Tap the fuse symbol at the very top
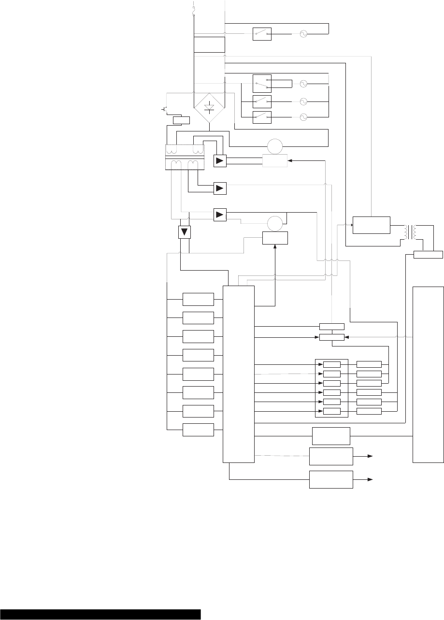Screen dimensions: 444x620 pyautogui.click(x=194, y=9)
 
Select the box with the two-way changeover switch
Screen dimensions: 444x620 pyautogui.click(x=262, y=84)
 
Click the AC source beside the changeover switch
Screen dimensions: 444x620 pyautogui.click(x=303, y=84)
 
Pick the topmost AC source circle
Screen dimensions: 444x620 pyautogui.click(x=303, y=34)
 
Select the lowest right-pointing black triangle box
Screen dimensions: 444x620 pyautogui.click(x=220, y=214)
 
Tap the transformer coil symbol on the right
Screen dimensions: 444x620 pyautogui.click(x=413, y=232)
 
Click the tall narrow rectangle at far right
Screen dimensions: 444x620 pyautogui.click(x=428, y=375)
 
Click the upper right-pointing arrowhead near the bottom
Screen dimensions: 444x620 pyautogui.click(x=371, y=456)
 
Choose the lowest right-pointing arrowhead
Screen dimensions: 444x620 pyautogui.click(x=371, y=479)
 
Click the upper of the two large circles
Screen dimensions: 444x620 pyautogui.click(x=274, y=146)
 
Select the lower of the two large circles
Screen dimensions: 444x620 pyautogui.click(x=274, y=223)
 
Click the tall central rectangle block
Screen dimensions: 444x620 pyautogui.click(x=238, y=374)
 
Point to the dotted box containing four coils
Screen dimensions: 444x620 pyautogui.click(x=186, y=157)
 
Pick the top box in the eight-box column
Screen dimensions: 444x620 pyautogui.click(x=198, y=299)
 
